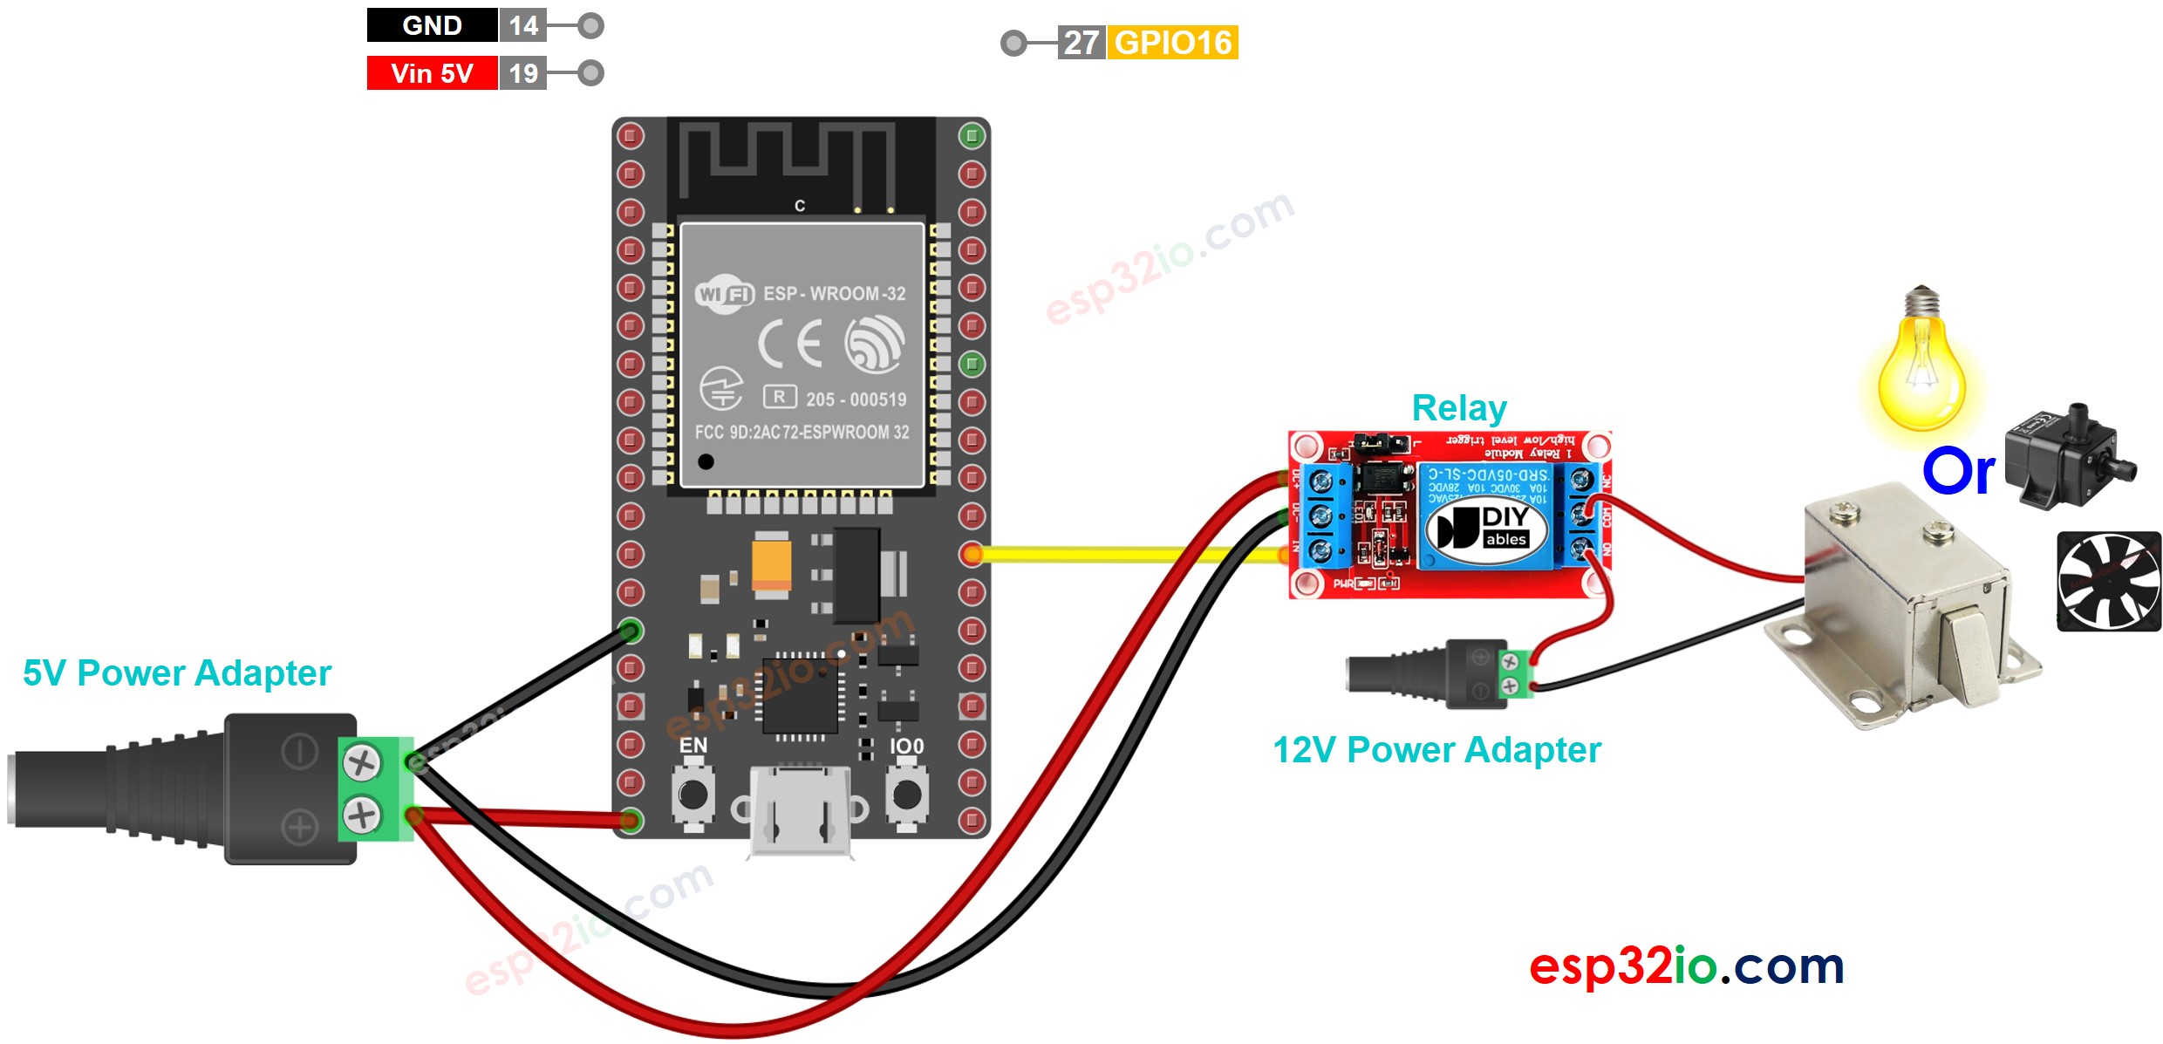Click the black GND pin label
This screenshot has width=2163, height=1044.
(x=432, y=25)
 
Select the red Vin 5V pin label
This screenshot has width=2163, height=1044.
(x=432, y=73)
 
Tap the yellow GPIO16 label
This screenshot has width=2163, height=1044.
(x=1172, y=43)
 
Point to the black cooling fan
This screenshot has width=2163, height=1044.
(x=2108, y=582)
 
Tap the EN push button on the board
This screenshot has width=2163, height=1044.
(x=693, y=794)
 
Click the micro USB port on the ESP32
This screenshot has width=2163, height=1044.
(x=800, y=811)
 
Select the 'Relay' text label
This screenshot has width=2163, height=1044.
(x=1458, y=408)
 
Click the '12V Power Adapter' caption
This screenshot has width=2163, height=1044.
(x=1436, y=750)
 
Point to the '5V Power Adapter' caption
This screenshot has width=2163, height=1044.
(x=177, y=673)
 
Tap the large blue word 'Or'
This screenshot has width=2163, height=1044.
(x=1958, y=472)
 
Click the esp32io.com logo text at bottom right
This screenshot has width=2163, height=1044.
(x=1686, y=966)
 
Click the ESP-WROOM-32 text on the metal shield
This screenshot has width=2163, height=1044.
(x=834, y=294)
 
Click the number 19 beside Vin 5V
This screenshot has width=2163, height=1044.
(x=523, y=73)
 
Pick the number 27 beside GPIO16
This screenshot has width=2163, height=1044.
(x=1081, y=43)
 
